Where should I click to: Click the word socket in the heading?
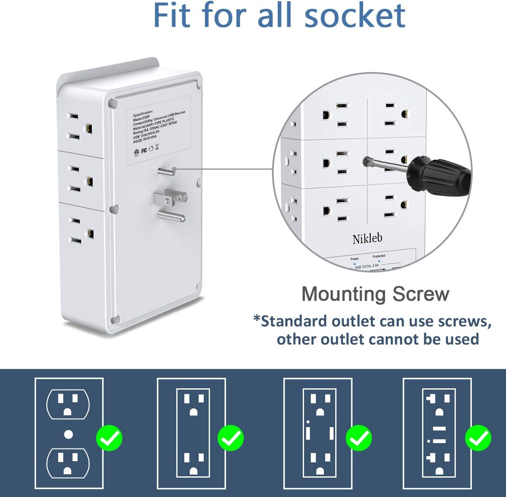click(x=355, y=15)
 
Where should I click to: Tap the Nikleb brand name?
click(x=367, y=239)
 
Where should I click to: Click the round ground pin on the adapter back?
click(x=171, y=216)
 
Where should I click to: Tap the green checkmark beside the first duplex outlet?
click(x=109, y=438)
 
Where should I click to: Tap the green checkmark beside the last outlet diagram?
click(x=478, y=438)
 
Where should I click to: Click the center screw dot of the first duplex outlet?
click(x=68, y=434)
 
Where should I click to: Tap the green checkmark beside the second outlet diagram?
click(x=230, y=438)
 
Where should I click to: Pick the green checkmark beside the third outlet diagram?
click(x=358, y=438)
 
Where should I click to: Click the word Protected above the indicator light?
click(x=379, y=256)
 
